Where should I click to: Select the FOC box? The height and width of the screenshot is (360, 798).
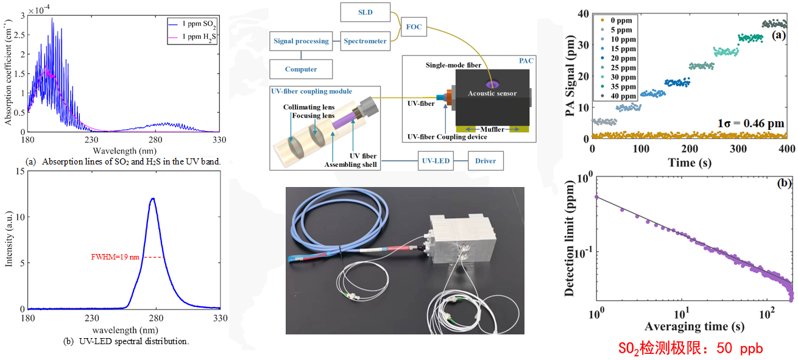[414, 27]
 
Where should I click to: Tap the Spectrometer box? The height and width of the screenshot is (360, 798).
[365, 41]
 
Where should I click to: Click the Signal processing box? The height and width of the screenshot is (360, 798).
[301, 41]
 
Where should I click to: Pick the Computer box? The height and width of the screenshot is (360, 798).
[301, 69]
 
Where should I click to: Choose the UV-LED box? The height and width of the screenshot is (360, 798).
[437, 161]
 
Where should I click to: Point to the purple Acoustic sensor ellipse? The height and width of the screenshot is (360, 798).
[491, 85]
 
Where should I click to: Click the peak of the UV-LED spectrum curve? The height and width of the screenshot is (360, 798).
[153, 199]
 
